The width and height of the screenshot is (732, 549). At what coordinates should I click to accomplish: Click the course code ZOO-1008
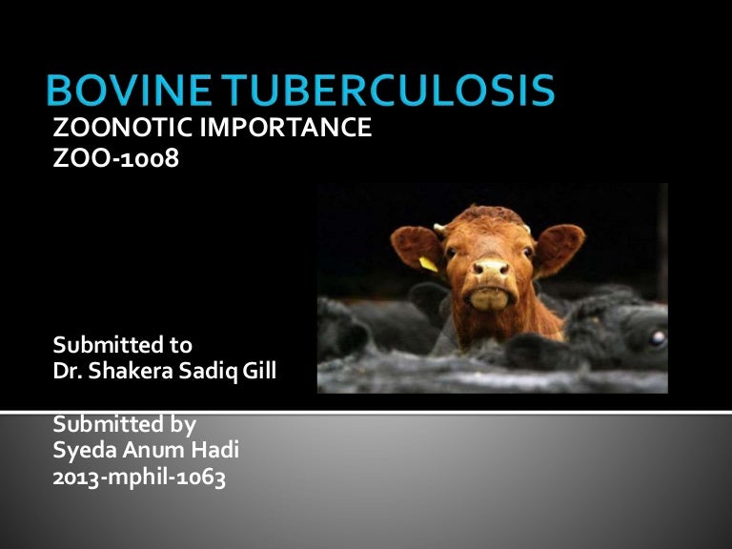(115, 158)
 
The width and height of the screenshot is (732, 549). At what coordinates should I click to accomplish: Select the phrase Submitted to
(123, 344)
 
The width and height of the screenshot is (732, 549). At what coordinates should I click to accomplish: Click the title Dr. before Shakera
(68, 371)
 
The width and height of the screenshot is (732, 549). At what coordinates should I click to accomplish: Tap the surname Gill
(258, 371)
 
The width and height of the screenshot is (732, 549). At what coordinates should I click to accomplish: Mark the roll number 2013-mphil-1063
(139, 478)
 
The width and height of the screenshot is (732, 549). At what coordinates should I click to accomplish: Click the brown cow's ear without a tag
(559, 242)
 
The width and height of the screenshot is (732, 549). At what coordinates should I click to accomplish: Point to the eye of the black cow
(656, 336)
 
